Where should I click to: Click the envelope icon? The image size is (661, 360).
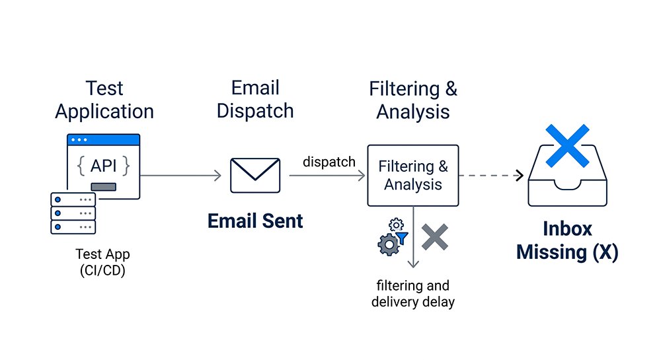(255, 175)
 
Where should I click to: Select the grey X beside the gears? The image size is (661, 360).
(434, 237)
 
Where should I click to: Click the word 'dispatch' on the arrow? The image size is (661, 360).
(329, 162)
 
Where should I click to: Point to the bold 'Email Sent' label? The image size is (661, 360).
(255, 221)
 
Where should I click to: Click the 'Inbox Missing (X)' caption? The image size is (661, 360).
(567, 240)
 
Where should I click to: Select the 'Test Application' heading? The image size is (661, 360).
(104, 100)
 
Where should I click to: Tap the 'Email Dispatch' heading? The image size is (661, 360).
(255, 99)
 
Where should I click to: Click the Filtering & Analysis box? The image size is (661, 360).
(412, 175)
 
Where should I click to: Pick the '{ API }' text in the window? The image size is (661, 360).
(103, 166)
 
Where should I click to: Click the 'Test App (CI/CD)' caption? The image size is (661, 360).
(102, 262)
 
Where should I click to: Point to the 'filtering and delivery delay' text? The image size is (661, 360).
(413, 294)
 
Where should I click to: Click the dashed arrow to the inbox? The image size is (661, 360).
(490, 175)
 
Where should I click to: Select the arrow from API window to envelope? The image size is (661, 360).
(180, 175)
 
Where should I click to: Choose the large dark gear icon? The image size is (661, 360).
(387, 245)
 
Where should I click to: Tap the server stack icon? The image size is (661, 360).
(73, 213)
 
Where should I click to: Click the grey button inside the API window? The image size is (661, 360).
(103, 187)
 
